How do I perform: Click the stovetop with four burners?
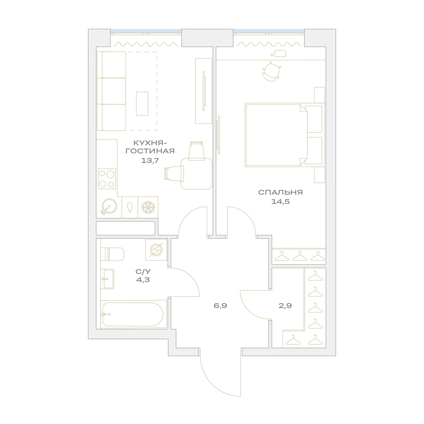(107, 179)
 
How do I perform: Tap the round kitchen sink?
(109, 207)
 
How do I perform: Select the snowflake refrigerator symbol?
(148, 207)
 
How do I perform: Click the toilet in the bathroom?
(112, 254)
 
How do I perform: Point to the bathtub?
(133, 315)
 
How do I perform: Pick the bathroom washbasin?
(107, 279)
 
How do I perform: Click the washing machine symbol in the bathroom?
(156, 250)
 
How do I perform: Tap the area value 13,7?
(150, 160)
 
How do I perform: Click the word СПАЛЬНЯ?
(280, 192)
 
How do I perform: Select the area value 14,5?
(280, 201)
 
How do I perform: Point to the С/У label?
(143, 271)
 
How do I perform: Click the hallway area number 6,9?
(220, 306)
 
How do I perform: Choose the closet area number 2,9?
(285, 306)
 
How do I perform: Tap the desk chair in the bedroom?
(271, 71)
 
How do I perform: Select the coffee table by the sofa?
(142, 103)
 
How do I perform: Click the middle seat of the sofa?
(114, 91)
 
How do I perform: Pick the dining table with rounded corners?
(197, 173)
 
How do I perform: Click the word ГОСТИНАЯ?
(150, 151)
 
